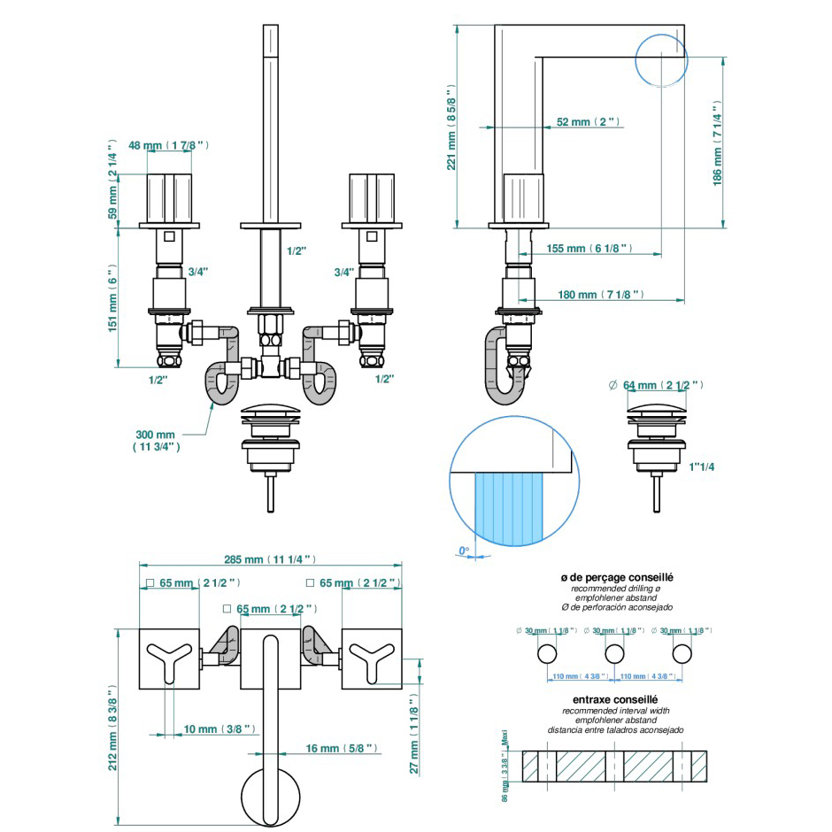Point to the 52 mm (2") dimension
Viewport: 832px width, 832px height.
pos(588,122)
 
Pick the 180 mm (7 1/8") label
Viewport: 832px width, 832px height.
pos(599,295)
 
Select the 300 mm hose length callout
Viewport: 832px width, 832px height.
pos(156,441)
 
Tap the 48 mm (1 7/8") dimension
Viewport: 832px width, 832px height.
pos(168,144)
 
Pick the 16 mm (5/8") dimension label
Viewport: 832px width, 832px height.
pos(341,749)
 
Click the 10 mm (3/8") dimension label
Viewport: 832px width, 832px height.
pos(219,729)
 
